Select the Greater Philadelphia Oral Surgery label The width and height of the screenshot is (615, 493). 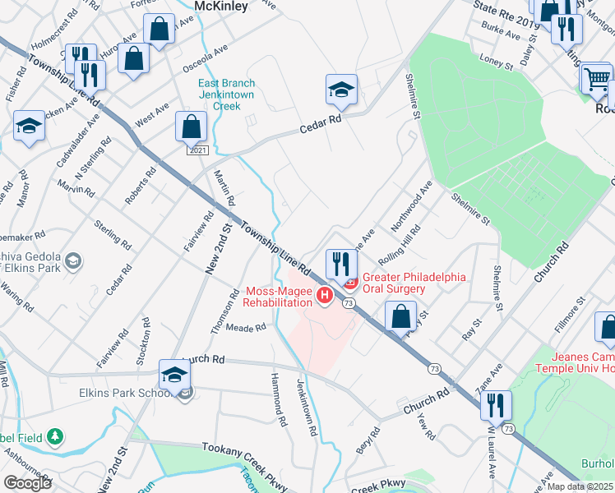click(x=414, y=283)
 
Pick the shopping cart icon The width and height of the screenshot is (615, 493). click(x=597, y=79)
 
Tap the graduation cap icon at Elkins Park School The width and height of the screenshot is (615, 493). click(x=175, y=374)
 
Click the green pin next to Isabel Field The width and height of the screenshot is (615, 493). click(x=55, y=435)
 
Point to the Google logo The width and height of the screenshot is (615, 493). click(x=27, y=483)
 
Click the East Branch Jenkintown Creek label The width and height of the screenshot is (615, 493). click(x=227, y=94)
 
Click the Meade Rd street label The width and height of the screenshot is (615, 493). click(x=252, y=327)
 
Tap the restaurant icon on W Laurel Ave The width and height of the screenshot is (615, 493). click(x=497, y=404)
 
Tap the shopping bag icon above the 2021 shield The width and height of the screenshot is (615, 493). click(x=191, y=127)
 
